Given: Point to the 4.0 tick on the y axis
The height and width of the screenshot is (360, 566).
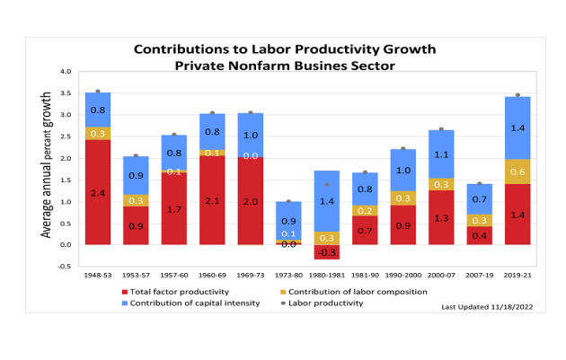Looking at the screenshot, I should (65, 71).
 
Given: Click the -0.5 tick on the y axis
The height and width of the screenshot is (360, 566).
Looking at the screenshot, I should (64, 267).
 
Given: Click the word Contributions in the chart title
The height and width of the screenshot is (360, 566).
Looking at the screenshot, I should (173, 48).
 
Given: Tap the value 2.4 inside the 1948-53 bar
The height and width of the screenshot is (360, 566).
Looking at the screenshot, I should (98, 192).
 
